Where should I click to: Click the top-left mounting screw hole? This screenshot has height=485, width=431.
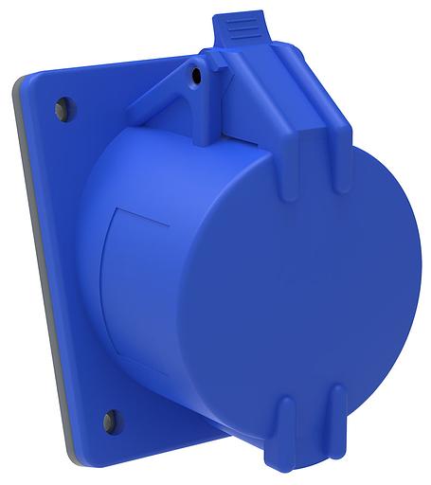pos(63,105)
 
